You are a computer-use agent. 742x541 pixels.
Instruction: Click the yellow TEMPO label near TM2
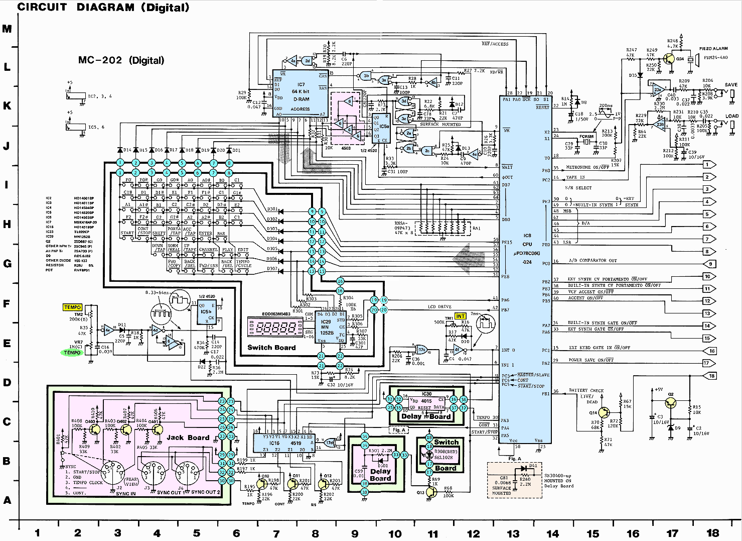[72, 307]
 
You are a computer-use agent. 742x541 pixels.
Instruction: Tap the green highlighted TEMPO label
[72, 353]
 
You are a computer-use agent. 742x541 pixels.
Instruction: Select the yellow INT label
[460, 316]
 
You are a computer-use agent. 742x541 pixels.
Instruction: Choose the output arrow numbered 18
[710, 376]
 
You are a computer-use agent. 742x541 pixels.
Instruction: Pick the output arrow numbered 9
[710, 263]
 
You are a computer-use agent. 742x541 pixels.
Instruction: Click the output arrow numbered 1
[710, 164]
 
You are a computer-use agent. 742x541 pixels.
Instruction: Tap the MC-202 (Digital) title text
[121, 60]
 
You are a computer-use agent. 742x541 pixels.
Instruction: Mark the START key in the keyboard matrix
[127, 233]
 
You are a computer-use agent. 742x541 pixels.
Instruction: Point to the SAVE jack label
[731, 85]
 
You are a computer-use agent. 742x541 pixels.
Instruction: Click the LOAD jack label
[731, 116]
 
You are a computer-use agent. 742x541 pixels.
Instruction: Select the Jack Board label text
[188, 438]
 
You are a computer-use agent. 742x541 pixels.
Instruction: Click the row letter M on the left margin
[7, 29]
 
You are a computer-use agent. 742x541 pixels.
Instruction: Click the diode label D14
[127, 150]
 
